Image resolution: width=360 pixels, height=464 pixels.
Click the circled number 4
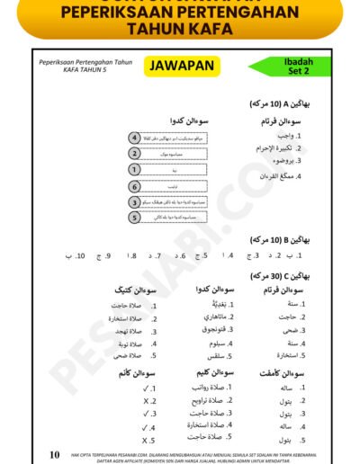pos(134,138)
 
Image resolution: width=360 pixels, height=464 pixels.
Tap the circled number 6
pos(134,186)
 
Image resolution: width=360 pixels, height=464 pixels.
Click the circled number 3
pos(134,202)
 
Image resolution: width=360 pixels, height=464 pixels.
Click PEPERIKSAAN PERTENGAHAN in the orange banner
pos(180,11)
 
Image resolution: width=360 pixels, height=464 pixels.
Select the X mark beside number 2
pos(146,402)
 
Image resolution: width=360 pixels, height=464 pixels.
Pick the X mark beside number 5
pos(146,442)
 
